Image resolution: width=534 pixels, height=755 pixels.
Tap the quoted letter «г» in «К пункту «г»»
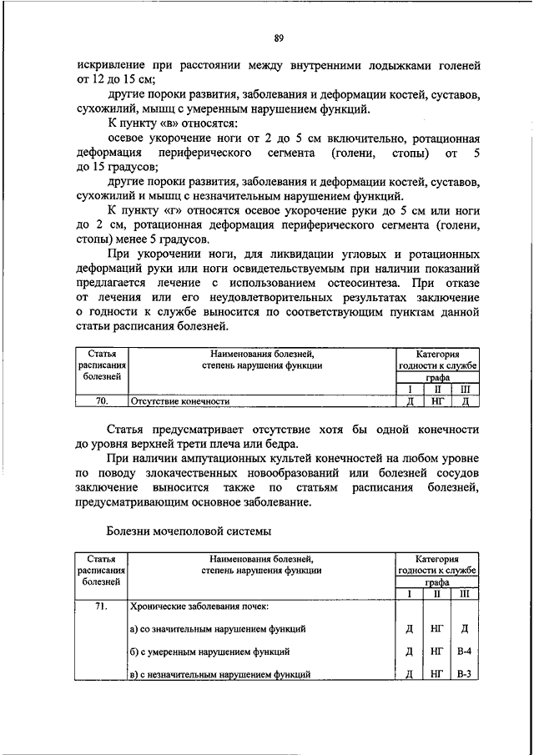click(x=177, y=206)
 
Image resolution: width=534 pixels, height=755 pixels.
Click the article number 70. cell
click(x=102, y=401)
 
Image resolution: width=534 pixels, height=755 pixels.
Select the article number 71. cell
click(x=102, y=607)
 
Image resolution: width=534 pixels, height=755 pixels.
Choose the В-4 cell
click(x=465, y=651)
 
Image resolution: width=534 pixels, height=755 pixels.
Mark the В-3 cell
click(x=465, y=673)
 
